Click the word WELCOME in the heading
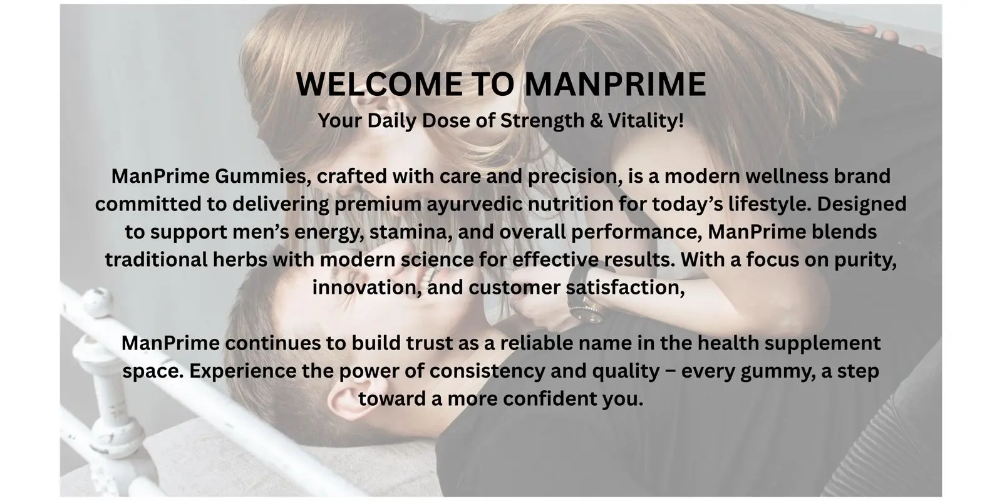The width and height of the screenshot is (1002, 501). (380, 84)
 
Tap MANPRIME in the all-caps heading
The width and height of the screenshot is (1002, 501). (615, 84)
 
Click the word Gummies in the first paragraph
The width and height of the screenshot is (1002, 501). (263, 176)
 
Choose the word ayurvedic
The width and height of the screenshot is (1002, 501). (475, 205)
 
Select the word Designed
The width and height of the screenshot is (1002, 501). (862, 205)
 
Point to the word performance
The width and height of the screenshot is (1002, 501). (636, 232)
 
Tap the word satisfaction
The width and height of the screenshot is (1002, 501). (626, 287)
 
